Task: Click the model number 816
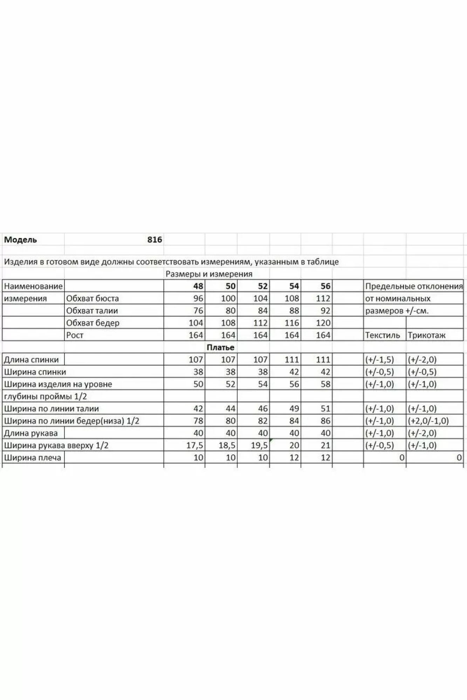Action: click(x=154, y=240)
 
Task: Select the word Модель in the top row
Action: click(x=20, y=240)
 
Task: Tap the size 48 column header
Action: click(x=198, y=286)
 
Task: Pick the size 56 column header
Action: click(x=325, y=286)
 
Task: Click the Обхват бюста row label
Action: click(x=92, y=299)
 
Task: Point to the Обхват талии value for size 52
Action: click(x=262, y=311)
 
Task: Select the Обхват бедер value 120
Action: click(x=323, y=323)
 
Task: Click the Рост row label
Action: click(x=75, y=335)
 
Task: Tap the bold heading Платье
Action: click(x=220, y=348)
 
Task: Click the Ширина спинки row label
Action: click(x=35, y=372)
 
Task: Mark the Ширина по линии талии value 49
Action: click(x=294, y=409)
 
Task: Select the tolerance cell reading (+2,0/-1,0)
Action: click(x=428, y=421)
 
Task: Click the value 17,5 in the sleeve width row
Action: click(x=195, y=446)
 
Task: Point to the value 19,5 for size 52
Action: click(x=259, y=446)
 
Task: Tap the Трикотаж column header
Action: click(x=426, y=335)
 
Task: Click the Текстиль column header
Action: click(x=382, y=335)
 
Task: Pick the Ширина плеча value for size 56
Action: click(x=325, y=458)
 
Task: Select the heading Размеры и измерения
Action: click(x=209, y=274)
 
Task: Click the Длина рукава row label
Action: click(x=31, y=433)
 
